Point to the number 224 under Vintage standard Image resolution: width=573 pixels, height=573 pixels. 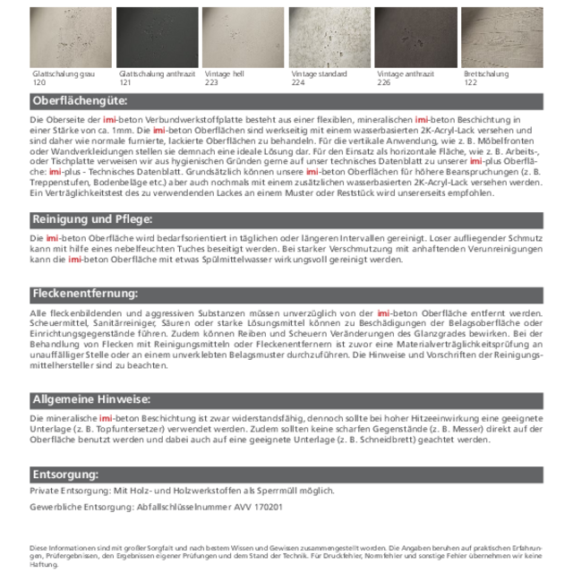[298, 82]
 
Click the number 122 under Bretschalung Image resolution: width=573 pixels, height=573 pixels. [471, 82]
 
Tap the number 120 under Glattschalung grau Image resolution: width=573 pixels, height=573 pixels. [38, 82]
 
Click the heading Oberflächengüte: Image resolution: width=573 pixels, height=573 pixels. [80, 101]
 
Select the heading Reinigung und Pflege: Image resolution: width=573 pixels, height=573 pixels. [92, 219]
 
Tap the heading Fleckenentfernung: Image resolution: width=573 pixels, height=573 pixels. [85, 294]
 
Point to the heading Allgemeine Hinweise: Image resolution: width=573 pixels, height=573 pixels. [91, 399]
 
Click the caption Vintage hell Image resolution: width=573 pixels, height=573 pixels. [225, 74]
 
